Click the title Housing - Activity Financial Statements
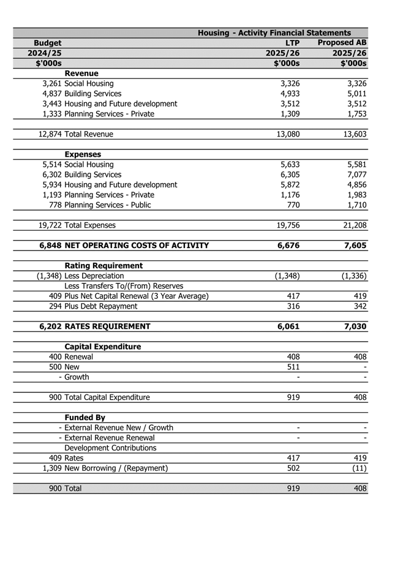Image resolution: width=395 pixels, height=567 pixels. pos(274,32)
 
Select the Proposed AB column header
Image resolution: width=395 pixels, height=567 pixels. pos(342,43)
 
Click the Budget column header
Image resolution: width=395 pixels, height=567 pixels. pos(47,43)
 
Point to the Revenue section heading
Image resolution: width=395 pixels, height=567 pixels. pos(81,73)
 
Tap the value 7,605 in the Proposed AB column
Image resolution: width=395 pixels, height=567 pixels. pos(356,245)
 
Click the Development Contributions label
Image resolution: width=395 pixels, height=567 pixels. pos(110,448)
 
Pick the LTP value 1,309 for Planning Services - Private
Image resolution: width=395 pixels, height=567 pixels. pos(289,113)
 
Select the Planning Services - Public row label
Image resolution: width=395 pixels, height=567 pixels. pos(108,205)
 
